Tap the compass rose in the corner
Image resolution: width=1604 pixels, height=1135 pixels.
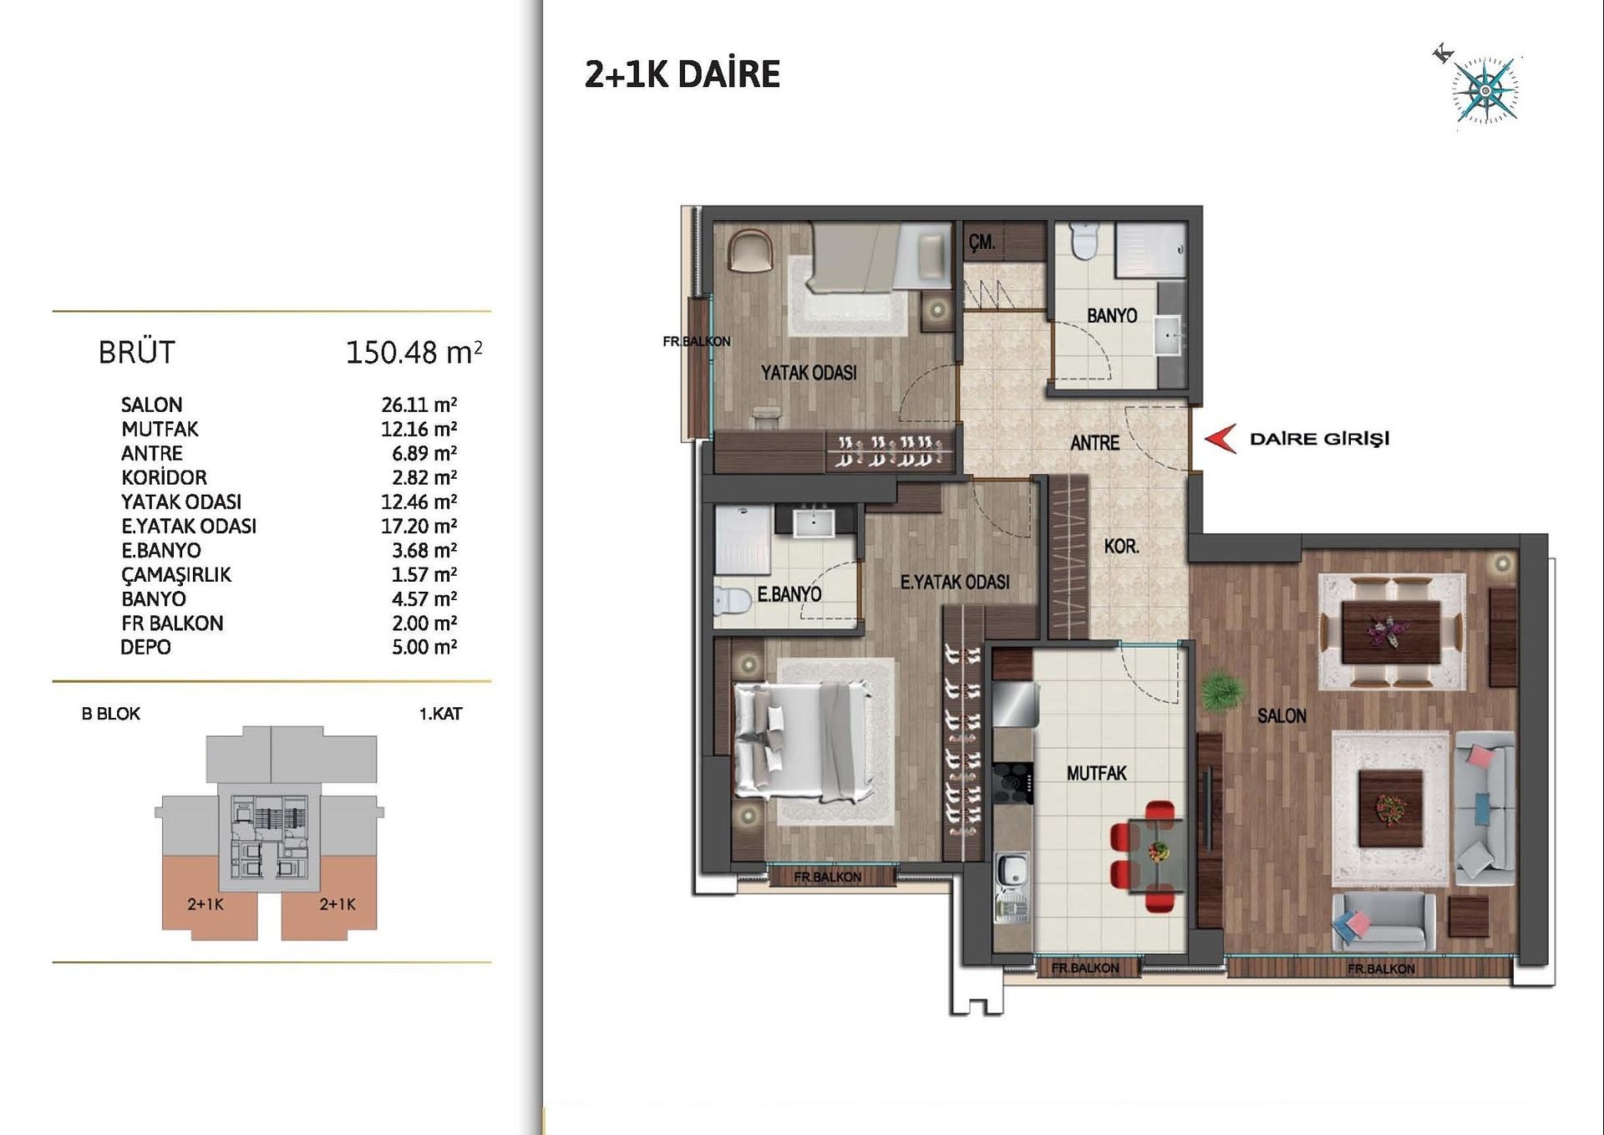tap(1485, 90)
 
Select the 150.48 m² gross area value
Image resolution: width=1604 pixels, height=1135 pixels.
tap(414, 353)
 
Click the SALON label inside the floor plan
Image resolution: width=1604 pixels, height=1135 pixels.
tap(1282, 715)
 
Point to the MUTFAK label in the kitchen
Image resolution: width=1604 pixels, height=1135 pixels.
tap(1096, 773)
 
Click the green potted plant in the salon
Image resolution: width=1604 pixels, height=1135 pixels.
tap(1221, 692)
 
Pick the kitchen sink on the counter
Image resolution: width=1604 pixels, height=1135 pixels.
tap(1012, 870)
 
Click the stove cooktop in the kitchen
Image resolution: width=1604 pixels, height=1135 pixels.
tap(1013, 784)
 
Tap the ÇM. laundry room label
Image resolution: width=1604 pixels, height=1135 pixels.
tap(982, 242)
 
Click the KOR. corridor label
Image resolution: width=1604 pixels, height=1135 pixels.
tap(1121, 546)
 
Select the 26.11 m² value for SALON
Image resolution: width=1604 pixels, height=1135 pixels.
tap(419, 405)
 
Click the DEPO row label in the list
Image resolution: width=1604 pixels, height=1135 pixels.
tap(145, 647)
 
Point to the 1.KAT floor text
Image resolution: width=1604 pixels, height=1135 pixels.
tap(440, 714)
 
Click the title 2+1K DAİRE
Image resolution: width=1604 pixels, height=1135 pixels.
tap(682, 74)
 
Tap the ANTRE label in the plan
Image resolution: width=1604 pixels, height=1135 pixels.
tap(1094, 443)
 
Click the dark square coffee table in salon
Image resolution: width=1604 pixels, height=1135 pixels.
tap(1390, 808)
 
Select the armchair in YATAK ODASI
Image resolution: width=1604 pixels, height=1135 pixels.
tap(750, 250)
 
